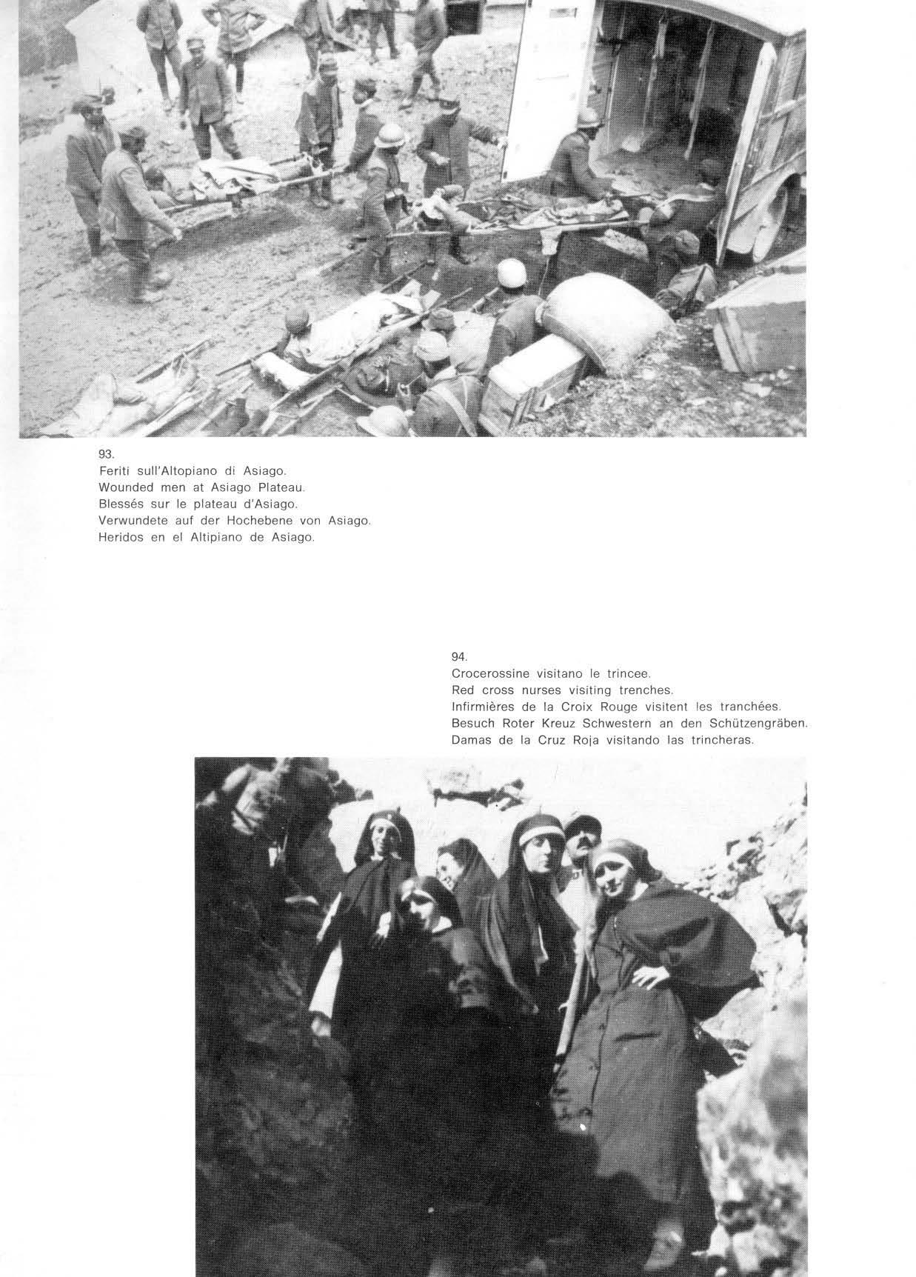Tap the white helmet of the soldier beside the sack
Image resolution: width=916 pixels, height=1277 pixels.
click(x=510, y=273)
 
